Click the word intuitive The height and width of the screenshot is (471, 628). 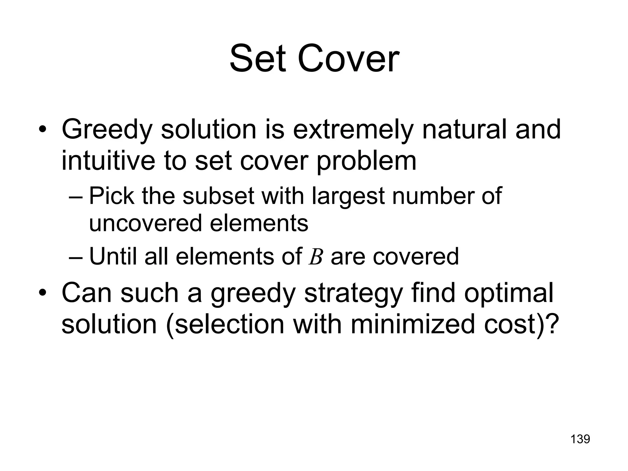click(109, 161)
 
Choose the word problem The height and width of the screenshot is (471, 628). click(366, 161)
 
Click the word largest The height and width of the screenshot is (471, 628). click(348, 196)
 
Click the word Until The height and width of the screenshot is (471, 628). click(113, 256)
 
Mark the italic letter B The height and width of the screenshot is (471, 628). click(316, 257)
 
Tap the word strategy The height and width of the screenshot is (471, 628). click(353, 294)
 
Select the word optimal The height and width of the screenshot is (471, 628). click(509, 293)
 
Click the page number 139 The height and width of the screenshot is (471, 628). click(580, 439)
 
